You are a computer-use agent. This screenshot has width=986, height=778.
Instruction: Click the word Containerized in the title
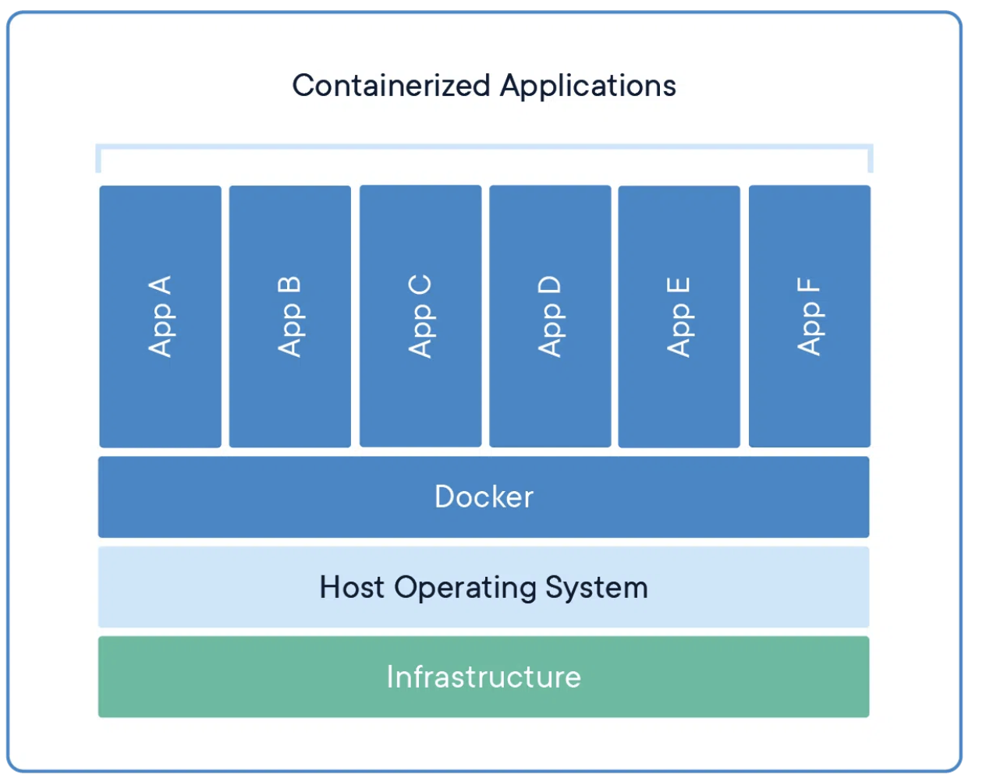392,86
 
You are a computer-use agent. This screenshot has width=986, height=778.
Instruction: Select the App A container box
161,317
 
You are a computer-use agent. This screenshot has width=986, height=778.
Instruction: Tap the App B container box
290,317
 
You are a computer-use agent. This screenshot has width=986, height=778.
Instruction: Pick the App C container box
420,316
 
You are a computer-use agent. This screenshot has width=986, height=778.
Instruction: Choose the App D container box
550,316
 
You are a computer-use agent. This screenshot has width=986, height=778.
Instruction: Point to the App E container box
679,317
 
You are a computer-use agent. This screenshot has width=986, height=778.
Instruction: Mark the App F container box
810,316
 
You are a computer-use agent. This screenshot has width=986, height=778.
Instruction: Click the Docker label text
484,497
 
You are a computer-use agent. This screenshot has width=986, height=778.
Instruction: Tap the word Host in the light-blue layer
352,587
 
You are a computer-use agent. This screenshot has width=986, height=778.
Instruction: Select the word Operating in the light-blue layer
465,589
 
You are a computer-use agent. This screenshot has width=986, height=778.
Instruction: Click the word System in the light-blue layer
597,589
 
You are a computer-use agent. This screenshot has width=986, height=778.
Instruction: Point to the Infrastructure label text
484,677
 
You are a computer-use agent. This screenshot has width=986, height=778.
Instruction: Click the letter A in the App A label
160,285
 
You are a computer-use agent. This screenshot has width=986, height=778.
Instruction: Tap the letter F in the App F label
809,285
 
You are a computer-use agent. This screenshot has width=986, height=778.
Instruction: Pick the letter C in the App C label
420,285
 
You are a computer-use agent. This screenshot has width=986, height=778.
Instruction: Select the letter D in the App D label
549,285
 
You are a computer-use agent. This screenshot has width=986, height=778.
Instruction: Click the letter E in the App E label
678,285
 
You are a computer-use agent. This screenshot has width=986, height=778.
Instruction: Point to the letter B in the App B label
289,285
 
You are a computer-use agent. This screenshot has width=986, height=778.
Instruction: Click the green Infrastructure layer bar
484,677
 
